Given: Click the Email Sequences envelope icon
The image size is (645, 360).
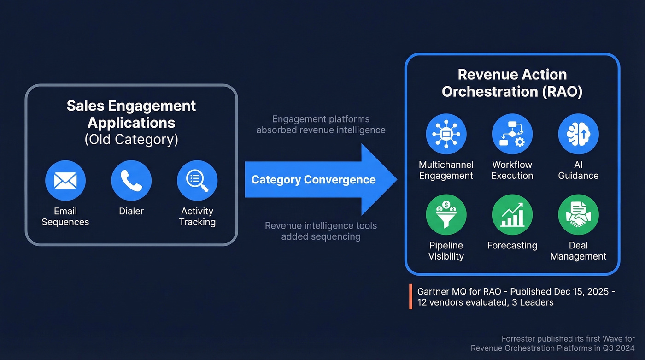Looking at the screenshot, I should pyautogui.click(x=65, y=180).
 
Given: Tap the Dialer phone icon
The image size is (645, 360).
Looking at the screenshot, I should pyautogui.click(x=131, y=180).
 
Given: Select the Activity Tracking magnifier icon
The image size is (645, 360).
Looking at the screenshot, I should pyautogui.click(x=197, y=180).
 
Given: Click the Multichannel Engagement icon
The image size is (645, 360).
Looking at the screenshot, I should pyautogui.click(x=446, y=134).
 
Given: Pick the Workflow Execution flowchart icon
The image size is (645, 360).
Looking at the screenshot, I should pyautogui.click(x=512, y=134).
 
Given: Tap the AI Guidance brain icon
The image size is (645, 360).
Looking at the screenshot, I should pyautogui.click(x=578, y=134).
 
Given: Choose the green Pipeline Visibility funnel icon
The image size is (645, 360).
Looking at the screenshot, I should pyautogui.click(x=446, y=215).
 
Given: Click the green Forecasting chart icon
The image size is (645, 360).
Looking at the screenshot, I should pyautogui.click(x=512, y=215).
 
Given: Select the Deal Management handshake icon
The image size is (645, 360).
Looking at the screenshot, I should pyautogui.click(x=578, y=215).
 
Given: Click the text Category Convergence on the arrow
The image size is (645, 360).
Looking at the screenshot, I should pyautogui.click(x=313, y=180).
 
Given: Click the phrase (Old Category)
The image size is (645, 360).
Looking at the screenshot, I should pyautogui.click(x=131, y=139).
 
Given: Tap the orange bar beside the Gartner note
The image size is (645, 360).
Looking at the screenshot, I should pyautogui.click(x=410, y=297).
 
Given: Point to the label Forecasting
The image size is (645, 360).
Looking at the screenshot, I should pyautogui.click(x=512, y=245).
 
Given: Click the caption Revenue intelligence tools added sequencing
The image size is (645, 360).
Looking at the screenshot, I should pyautogui.click(x=321, y=231).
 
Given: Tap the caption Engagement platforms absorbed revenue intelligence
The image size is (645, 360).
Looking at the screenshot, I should pyautogui.click(x=321, y=124).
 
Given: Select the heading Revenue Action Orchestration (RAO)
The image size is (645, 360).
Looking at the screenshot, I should pyautogui.click(x=512, y=83).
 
